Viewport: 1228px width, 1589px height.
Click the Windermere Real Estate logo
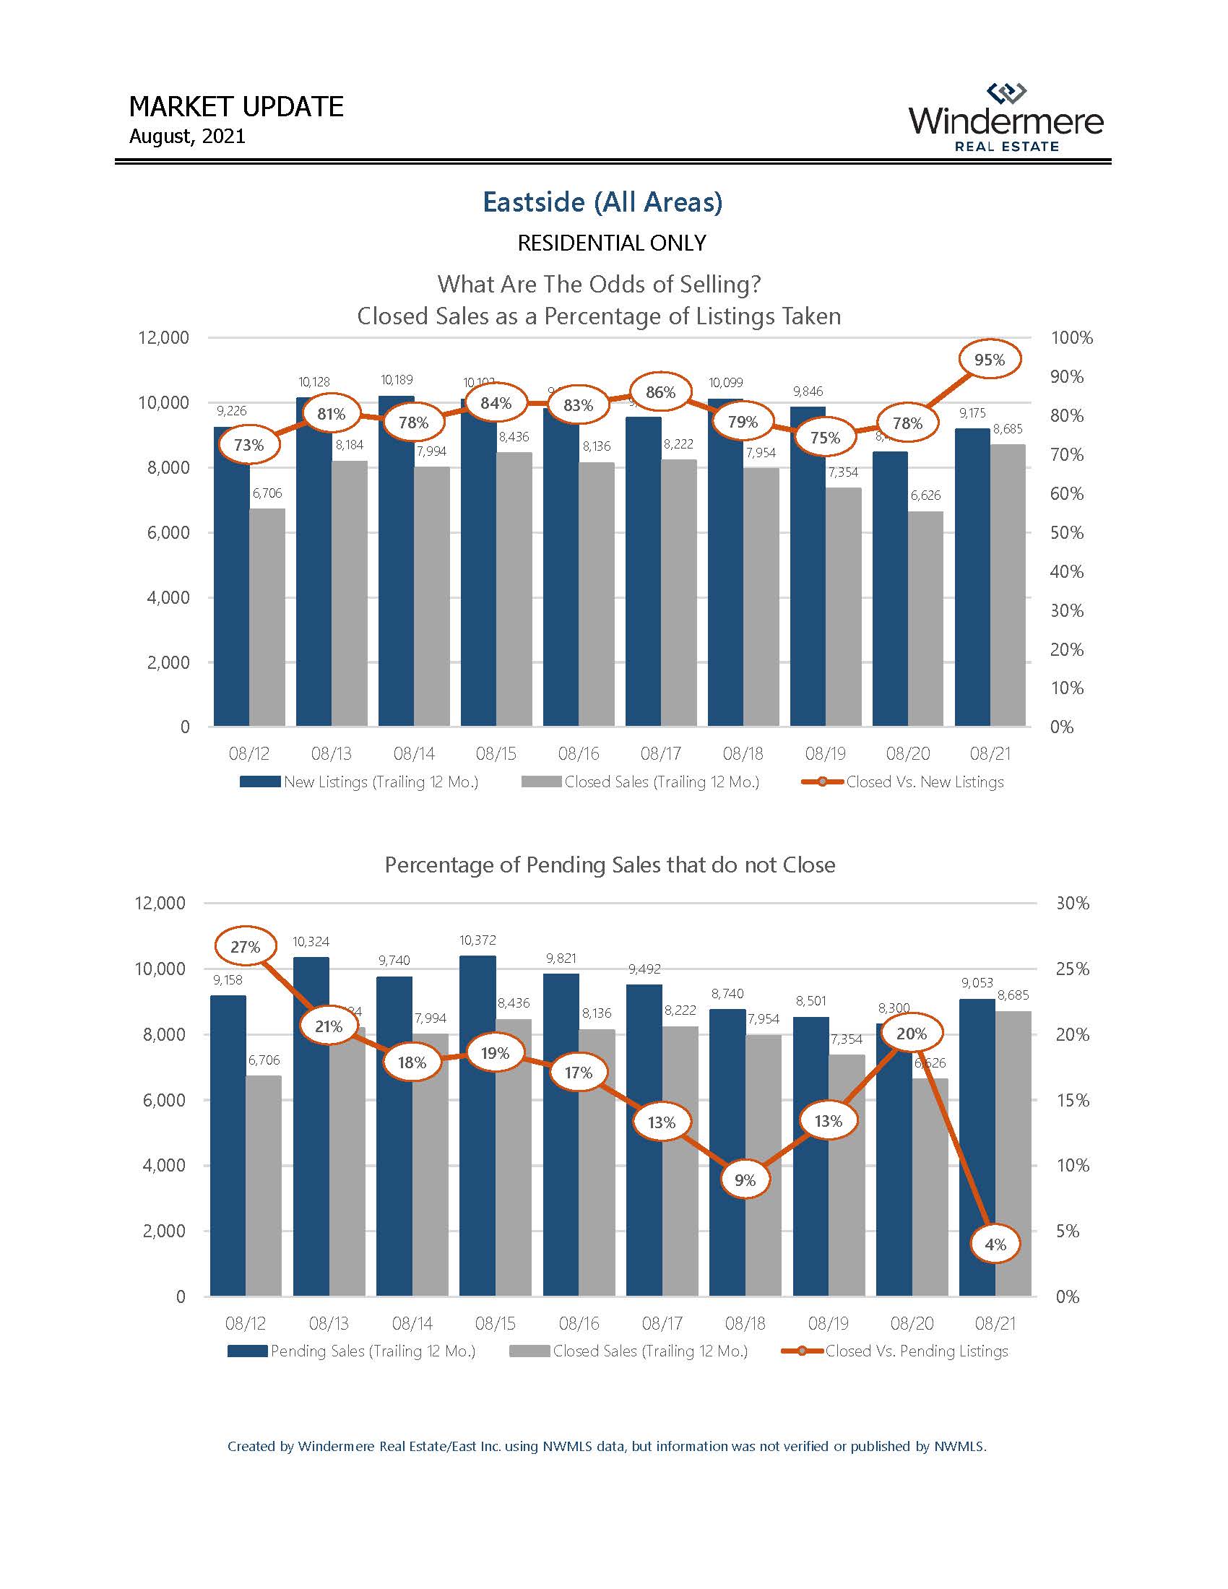(1006, 118)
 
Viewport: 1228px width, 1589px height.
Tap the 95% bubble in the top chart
(990, 360)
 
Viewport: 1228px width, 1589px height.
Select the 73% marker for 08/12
(248, 444)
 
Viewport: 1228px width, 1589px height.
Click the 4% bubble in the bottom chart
(995, 1244)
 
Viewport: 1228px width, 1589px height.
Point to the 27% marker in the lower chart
(246, 947)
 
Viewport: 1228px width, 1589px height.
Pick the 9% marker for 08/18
(745, 1179)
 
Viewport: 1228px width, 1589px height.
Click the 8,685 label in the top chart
(1008, 428)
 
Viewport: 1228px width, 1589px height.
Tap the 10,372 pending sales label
(477, 940)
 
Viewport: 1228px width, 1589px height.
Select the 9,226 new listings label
(231, 410)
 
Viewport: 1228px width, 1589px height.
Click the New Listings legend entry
(360, 782)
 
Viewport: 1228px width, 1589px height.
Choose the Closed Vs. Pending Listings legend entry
(896, 1351)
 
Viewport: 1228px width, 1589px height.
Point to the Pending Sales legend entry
(352, 1351)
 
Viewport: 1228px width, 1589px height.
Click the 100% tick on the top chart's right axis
(1071, 337)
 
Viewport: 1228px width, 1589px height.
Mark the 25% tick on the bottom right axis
(1072, 969)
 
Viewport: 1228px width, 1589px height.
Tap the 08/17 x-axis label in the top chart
(660, 754)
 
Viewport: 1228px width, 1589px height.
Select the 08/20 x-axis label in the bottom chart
(912, 1323)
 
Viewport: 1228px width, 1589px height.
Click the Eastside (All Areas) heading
(602, 202)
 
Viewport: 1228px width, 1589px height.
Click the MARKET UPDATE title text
(235, 107)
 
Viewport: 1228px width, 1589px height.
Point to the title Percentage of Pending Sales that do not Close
(610, 865)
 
